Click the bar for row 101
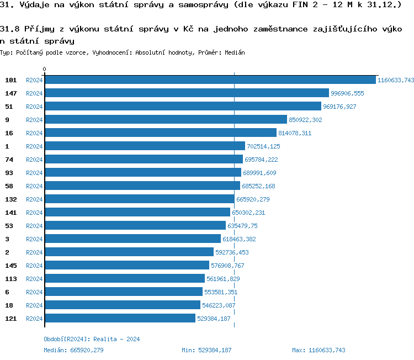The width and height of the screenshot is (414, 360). click(210, 80)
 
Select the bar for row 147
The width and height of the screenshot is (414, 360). click(187, 93)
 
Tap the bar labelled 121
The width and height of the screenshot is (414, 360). click(120, 319)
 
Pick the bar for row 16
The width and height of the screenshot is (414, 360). click(160, 133)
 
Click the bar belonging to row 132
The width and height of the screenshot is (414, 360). click(139, 199)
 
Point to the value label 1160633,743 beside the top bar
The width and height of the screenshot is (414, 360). click(395, 80)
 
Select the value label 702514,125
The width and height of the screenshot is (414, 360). click(263, 146)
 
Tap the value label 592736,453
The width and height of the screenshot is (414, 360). click(232, 252)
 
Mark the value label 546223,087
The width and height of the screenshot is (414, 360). click(219, 305)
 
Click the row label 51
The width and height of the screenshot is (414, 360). click(9, 107)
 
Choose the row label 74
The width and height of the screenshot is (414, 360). click(9, 160)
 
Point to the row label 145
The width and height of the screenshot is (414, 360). click(11, 266)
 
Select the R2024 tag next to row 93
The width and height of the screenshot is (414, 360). click(34, 173)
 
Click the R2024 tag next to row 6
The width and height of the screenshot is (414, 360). click(34, 292)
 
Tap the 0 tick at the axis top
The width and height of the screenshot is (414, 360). click(45, 70)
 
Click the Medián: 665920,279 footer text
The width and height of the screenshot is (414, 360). click(73, 350)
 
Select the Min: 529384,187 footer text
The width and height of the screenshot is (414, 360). click(206, 350)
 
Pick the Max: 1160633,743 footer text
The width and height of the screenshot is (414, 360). click(319, 350)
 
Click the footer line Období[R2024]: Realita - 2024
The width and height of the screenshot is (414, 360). click(92, 339)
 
